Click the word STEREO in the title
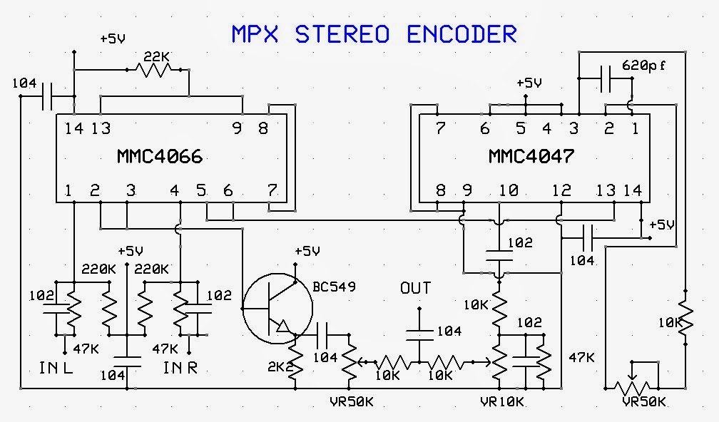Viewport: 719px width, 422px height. point(348,34)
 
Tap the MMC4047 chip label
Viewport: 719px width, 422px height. point(531,155)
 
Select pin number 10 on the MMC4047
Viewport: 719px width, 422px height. point(508,190)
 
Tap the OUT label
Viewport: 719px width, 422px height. point(416,288)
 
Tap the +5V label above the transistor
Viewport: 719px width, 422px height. point(307,252)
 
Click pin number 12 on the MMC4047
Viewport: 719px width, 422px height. point(561,190)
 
